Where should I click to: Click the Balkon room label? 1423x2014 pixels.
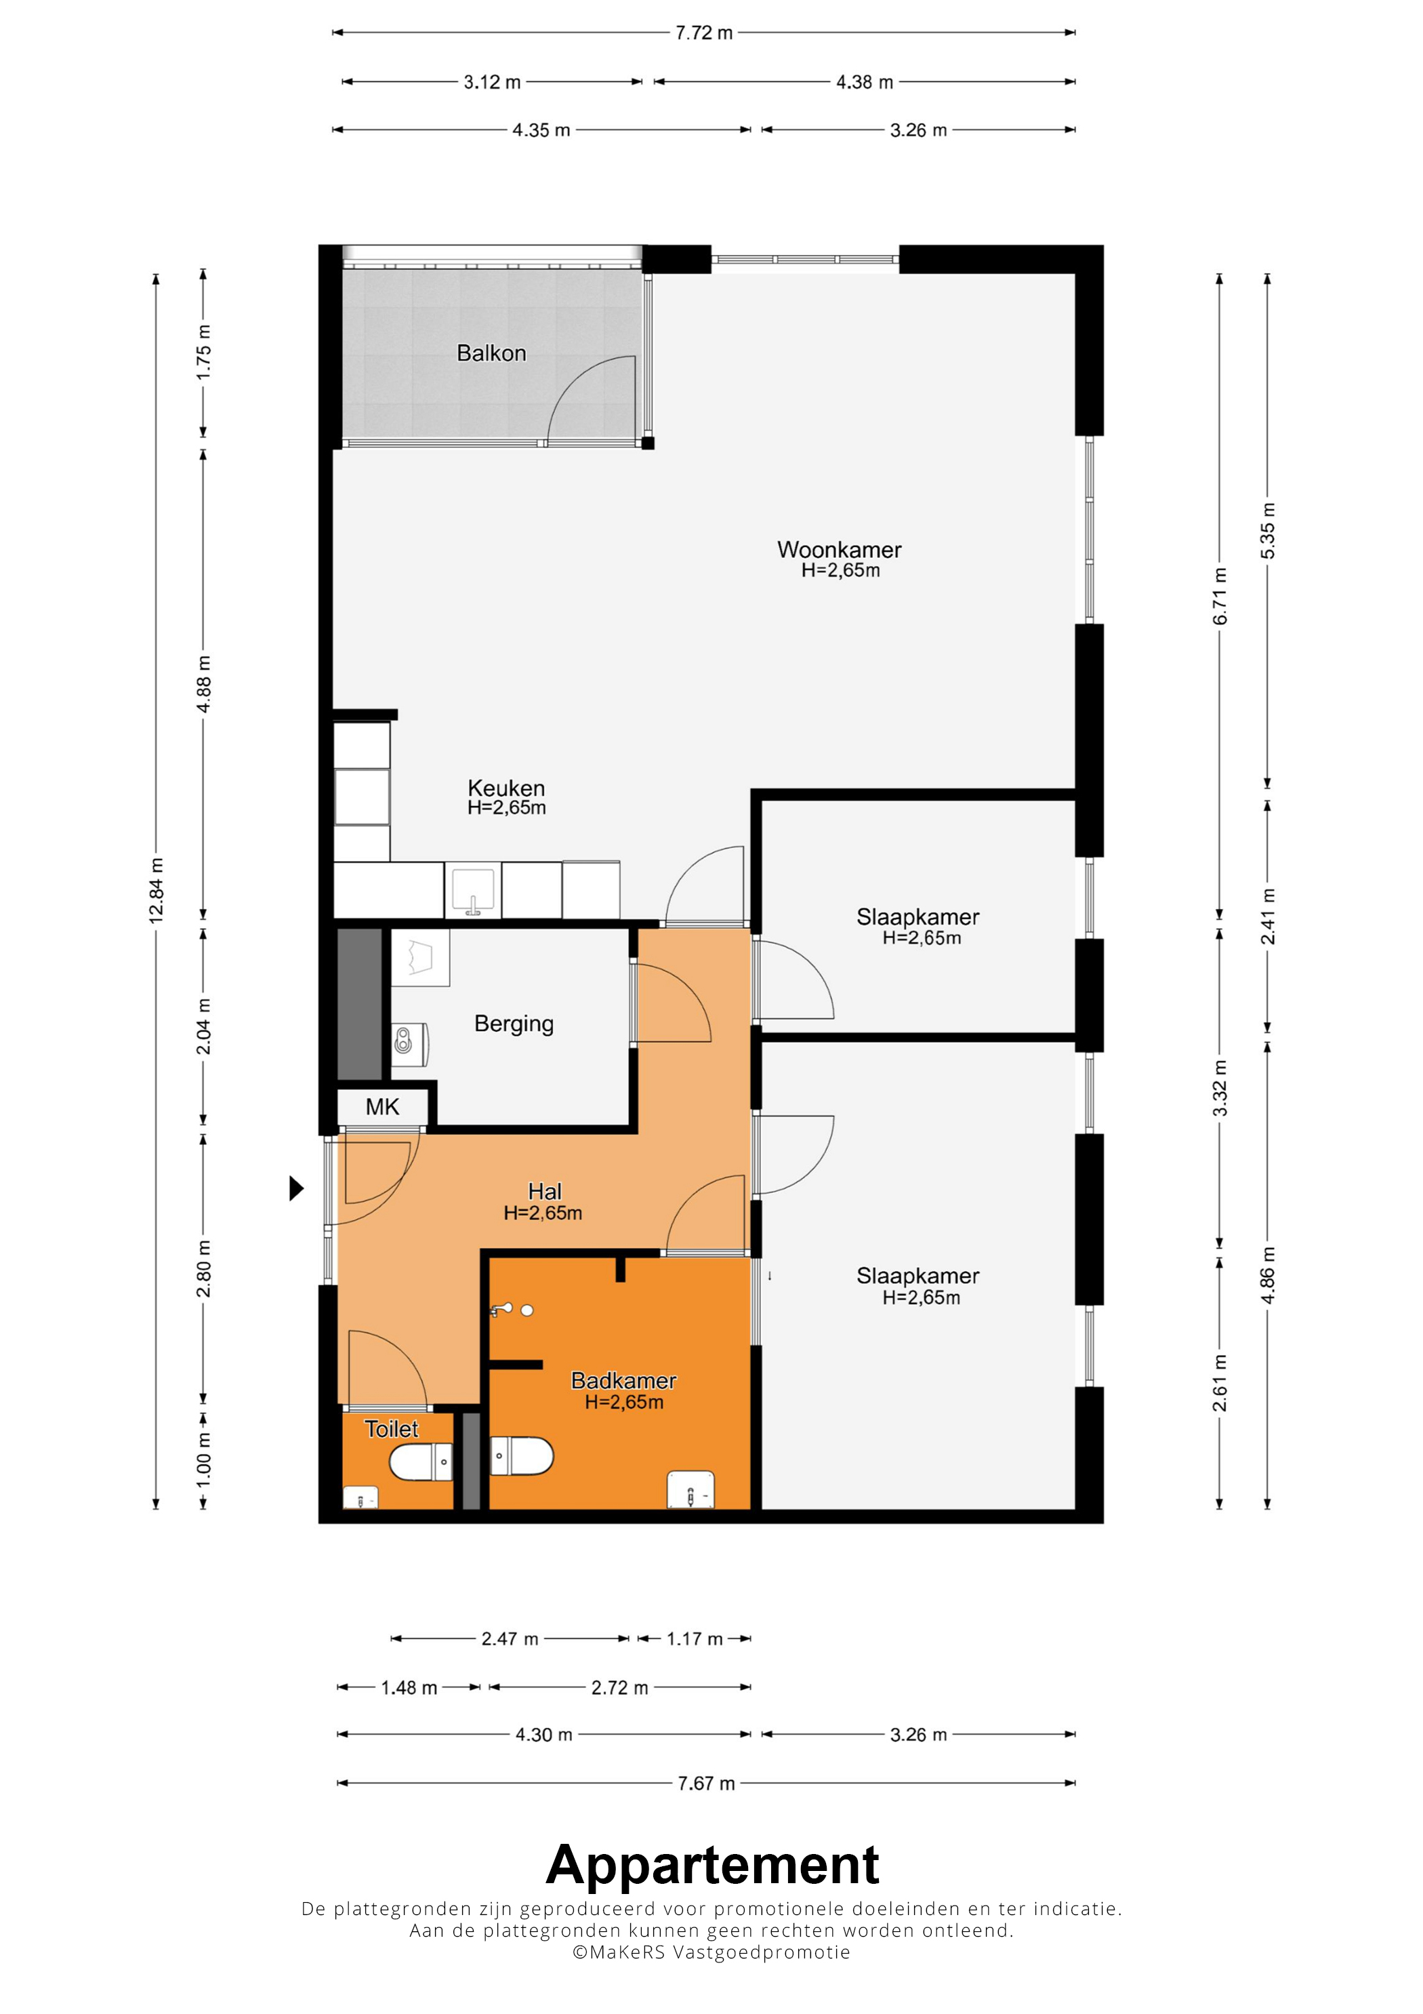click(491, 353)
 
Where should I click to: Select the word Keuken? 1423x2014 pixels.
click(506, 788)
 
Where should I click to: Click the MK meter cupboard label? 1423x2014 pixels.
click(382, 1107)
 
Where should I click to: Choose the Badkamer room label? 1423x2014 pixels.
click(623, 1381)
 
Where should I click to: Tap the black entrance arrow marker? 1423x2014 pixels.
click(296, 1188)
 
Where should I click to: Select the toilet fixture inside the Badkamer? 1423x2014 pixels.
click(522, 1456)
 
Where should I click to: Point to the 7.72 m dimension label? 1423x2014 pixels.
click(704, 33)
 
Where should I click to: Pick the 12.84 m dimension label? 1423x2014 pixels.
click(156, 889)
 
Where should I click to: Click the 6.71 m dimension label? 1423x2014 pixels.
click(1220, 597)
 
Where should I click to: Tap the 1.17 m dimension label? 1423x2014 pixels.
click(695, 1638)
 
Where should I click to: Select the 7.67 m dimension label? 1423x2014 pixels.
click(706, 1784)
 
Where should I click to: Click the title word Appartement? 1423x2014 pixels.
click(712, 1865)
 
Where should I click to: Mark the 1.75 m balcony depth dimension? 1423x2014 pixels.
click(203, 353)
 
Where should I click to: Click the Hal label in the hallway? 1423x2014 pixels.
click(545, 1191)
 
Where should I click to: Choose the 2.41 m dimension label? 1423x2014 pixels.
click(1268, 917)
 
